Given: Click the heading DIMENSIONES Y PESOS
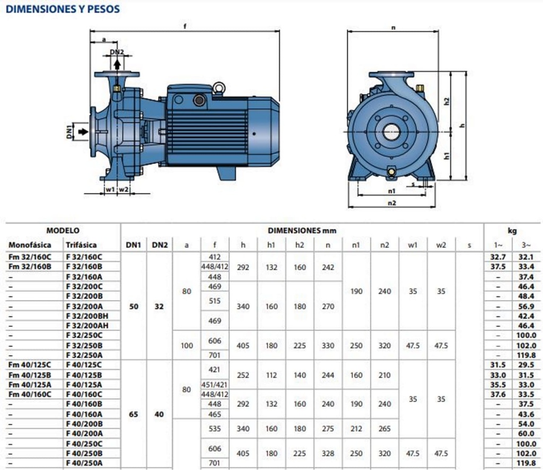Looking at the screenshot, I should coord(63,9).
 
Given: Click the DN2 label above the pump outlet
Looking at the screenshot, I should coord(117,52).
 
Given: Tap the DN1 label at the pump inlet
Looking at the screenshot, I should coord(69,132).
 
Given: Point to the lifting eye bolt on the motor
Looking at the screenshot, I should coord(218,88).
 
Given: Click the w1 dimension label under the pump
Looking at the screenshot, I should coord(109,189).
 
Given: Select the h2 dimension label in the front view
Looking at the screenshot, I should coord(446,100).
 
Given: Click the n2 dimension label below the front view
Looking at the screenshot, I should coord(391,202).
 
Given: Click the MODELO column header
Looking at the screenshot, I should coord(63,230).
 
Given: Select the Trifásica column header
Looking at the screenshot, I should coord(81,245).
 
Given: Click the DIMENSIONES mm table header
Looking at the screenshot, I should coord(302,230).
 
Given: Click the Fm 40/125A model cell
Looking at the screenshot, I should coord(30,384).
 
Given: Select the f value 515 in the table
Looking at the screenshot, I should coord(214,301).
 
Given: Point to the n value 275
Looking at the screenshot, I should coord(328,429).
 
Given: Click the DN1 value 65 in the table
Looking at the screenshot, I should coord(134,414).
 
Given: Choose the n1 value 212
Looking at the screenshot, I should coord(356,429).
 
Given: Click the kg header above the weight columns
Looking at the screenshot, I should coord(512,230).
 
